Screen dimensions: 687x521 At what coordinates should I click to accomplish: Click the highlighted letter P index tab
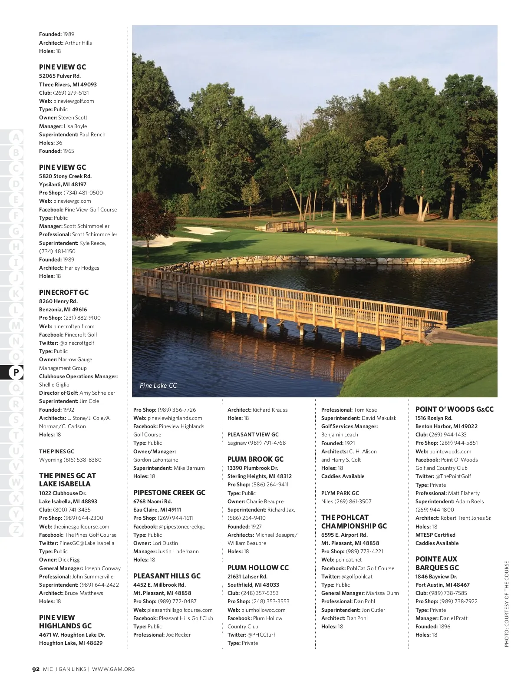[16, 372]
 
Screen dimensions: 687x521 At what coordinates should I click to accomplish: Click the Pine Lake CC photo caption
[158, 385]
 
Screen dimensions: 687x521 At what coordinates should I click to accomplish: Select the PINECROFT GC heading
[64, 292]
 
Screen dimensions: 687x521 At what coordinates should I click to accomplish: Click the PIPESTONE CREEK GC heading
[169, 492]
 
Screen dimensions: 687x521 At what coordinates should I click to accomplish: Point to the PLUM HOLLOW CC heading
[258, 568]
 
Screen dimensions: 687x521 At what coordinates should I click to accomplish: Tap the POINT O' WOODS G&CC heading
[454, 409]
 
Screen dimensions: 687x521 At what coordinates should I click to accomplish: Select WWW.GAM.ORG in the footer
[113, 669]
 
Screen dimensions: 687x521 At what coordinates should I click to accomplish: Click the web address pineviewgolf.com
[73, 101]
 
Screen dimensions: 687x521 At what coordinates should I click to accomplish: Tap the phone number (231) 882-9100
[82, 318]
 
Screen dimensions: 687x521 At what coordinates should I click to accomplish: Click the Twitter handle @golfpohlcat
[357, 577]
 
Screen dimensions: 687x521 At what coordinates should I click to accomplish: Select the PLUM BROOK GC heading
[255, 459]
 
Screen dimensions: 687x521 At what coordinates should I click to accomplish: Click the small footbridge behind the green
[286, 226]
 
